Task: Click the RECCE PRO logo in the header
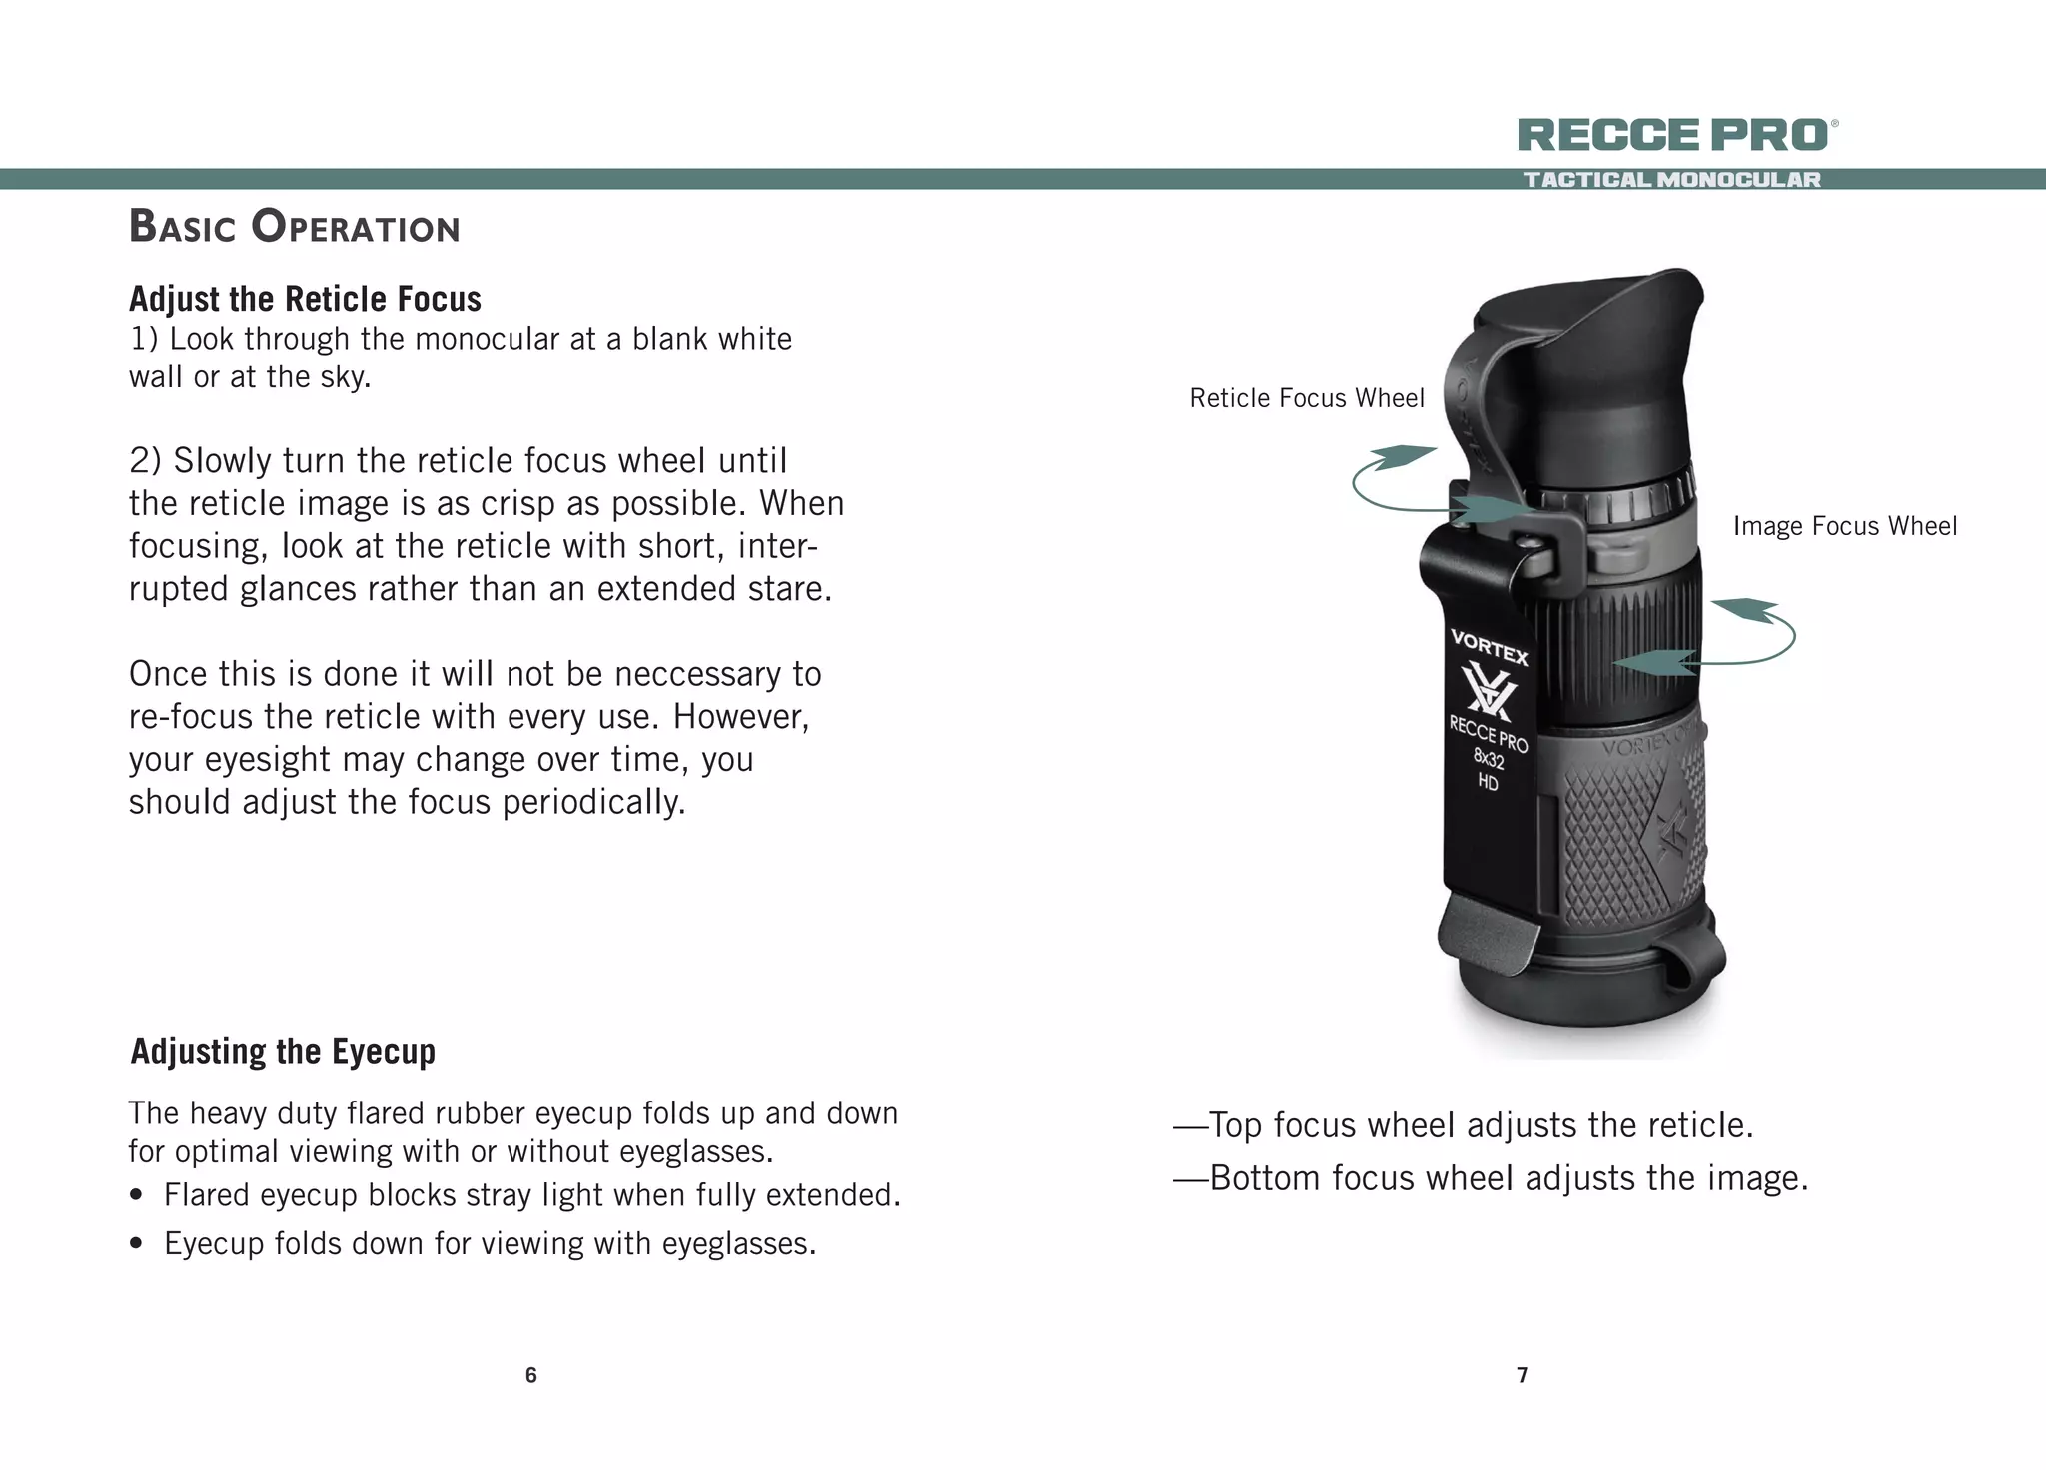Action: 1673,135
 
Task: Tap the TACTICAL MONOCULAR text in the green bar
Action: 1671,180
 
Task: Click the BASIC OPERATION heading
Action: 294,227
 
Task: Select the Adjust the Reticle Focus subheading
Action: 305,299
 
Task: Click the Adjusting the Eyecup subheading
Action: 283,1052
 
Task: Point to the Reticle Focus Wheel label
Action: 1306,398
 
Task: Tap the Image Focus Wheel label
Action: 1844,526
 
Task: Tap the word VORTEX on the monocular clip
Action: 1489,646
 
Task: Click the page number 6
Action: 530,1375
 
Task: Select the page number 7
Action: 1522,1375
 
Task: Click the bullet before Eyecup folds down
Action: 138,1244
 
